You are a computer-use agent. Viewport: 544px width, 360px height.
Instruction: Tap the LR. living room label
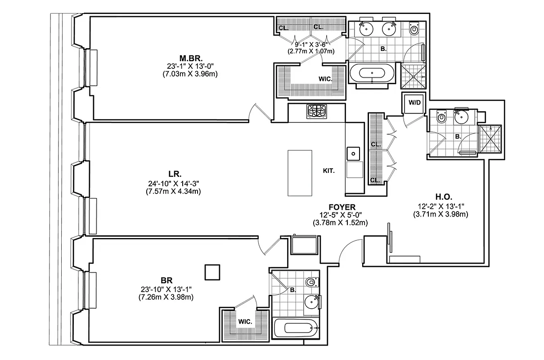tap(175, 174)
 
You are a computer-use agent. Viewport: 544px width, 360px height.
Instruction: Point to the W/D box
tap(414, 103)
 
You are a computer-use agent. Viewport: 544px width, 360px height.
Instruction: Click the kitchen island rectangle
tap(300, 173)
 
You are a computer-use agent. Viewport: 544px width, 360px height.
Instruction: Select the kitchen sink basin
tap(354, 154)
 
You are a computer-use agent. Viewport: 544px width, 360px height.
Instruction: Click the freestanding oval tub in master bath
tap(372, 73)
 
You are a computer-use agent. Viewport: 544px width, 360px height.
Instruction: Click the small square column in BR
tap(212, 272)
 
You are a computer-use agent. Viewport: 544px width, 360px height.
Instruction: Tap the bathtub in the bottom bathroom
tap(296, 329)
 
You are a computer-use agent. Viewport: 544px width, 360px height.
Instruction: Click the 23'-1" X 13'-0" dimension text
tap(190, 66)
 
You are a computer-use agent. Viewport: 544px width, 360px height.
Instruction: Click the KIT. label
tap(329, 171)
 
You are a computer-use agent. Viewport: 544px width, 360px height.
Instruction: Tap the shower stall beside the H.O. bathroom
tap(490, 139)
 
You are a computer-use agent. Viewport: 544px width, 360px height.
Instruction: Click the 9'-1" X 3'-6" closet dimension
tap(311, 45)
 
